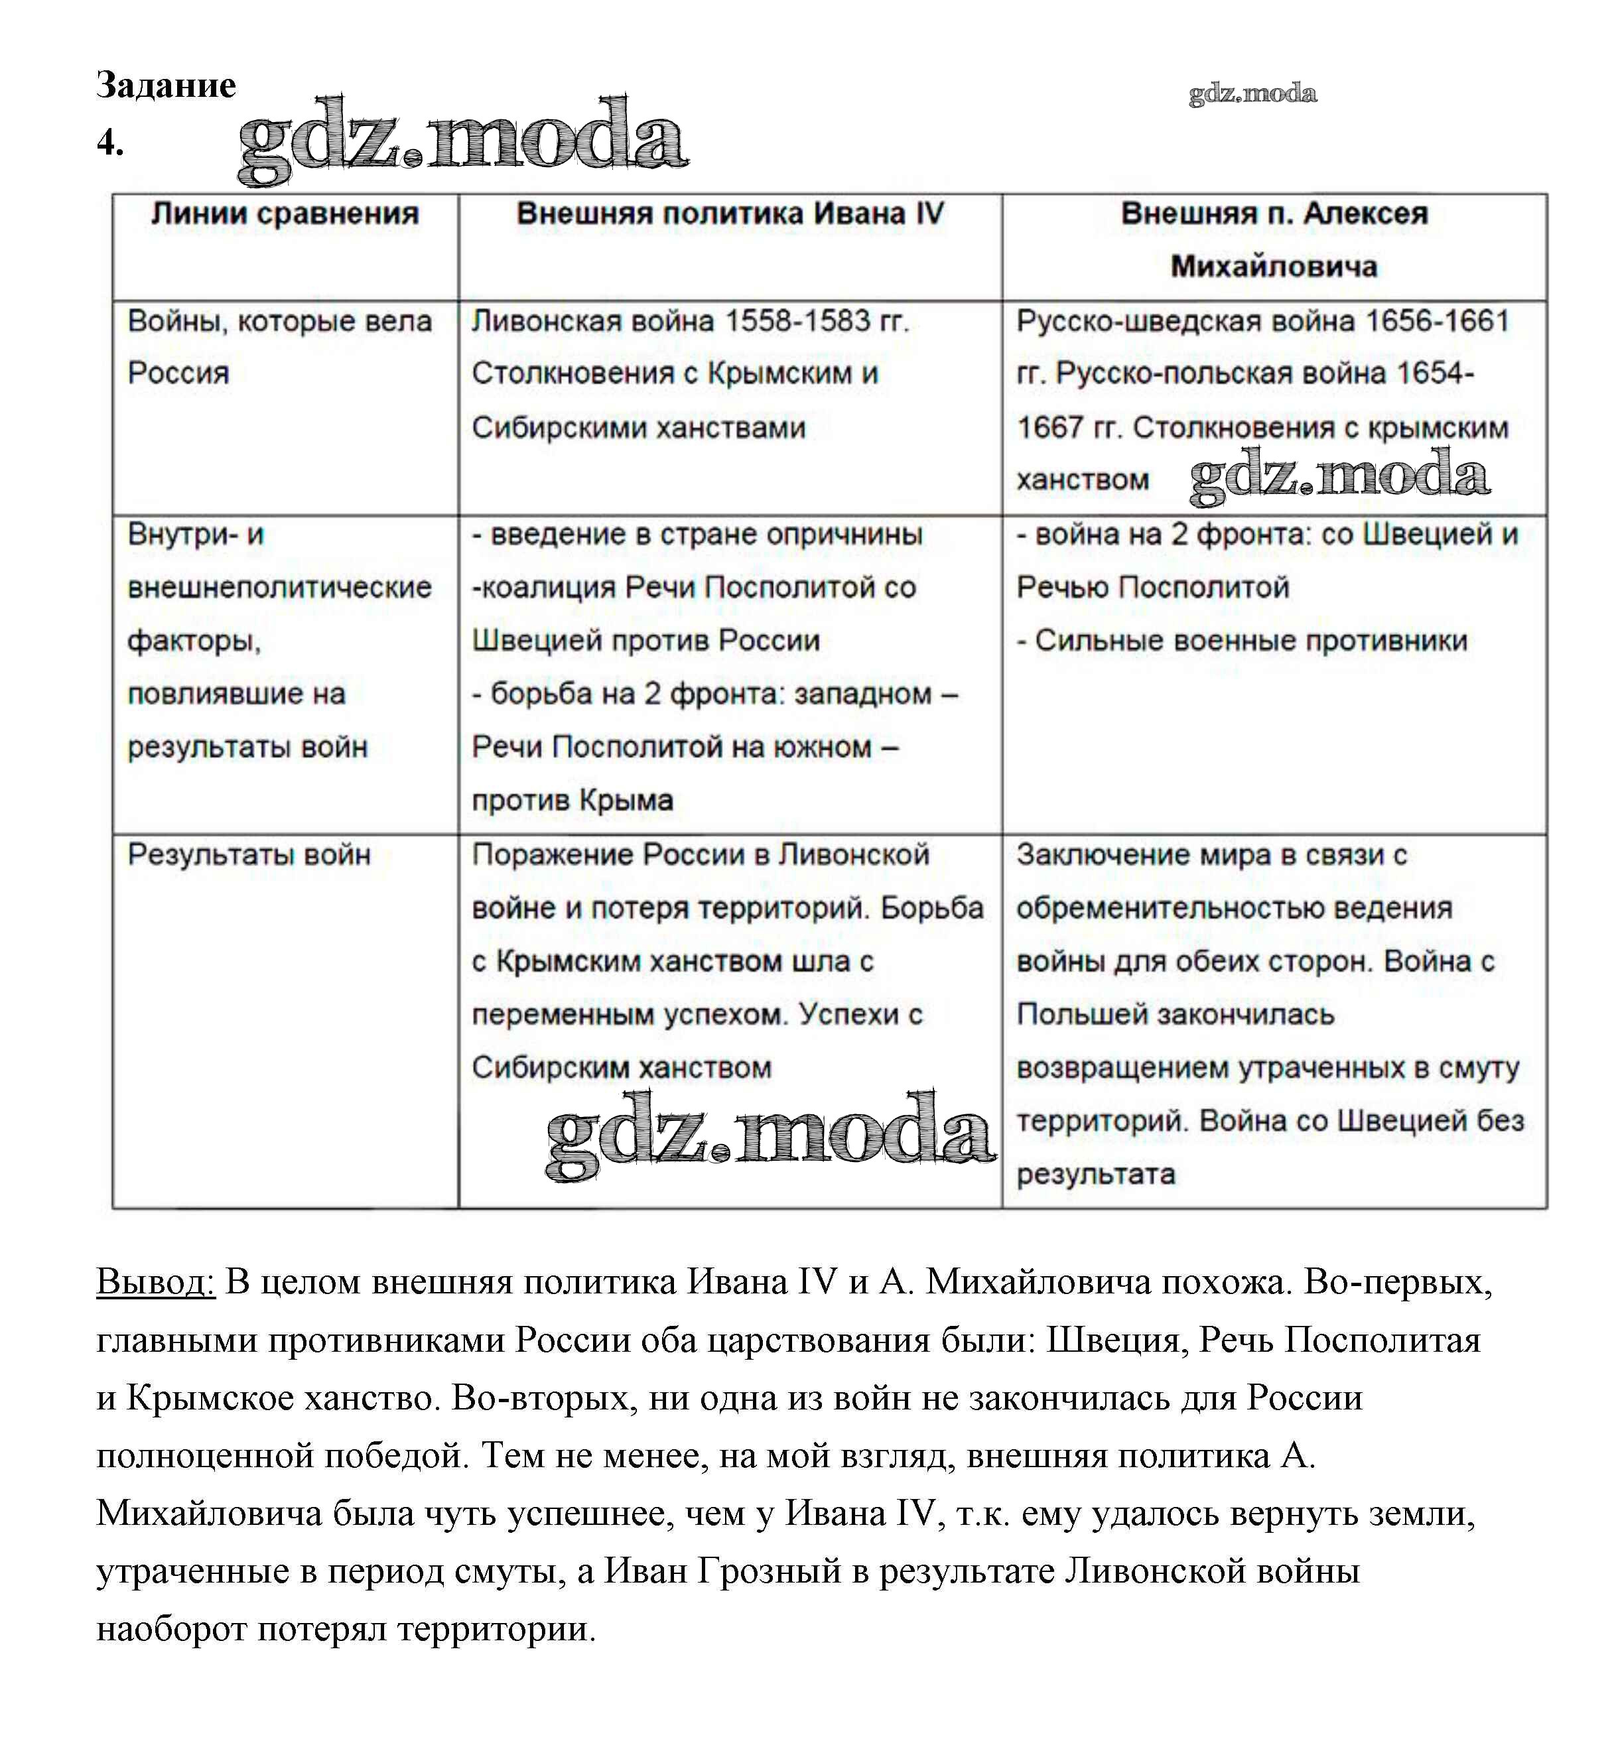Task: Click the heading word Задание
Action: (166, 86)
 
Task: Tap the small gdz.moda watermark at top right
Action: (1252, 94)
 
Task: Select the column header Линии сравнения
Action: (285, 214)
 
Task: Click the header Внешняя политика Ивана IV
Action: (730, 214)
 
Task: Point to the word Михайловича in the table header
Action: (1274, 267)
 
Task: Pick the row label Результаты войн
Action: (249, 854)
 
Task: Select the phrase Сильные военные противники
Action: (1250, 640)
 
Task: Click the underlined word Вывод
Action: (155, 1282)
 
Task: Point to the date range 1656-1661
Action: (1438, 322)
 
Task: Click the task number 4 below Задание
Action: (110, 143)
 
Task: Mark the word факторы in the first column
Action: (194, 640)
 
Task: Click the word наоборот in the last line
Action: (171, 1629)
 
